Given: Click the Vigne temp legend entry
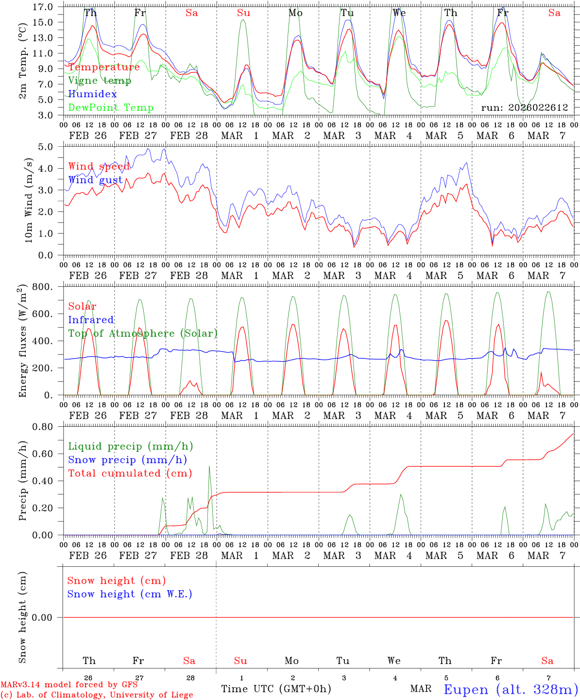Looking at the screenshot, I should pyautogui.click(x=100, y=81).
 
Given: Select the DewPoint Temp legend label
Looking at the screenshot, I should pyautogui.click(x=111, y=108).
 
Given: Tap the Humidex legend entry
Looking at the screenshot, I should pyautogui.click(x=92, y=94).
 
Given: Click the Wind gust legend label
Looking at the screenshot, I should pyautogui.click(x=95, y=180).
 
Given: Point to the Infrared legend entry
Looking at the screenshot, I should pyautogui.click(x=91, y=320).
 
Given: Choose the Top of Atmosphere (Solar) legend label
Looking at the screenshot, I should pyautogui.click(x=142, y=333).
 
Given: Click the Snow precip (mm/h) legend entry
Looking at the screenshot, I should pyautogui.click(x=127, y=460).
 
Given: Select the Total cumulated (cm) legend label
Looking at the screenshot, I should pyautogui.click(x=130, y=473).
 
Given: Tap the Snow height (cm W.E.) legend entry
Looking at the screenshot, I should pyautogui.click(x=130, y=594).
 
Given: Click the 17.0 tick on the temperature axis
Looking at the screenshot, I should pyautogui.click(x=42, y=7).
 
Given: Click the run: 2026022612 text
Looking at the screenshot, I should pyautogui.click(x=524, y=108).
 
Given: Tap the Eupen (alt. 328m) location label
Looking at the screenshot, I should pyautogui.click(x=511, y=689).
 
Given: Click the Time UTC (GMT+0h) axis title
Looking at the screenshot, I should pyautogui.click(x=276, y=689).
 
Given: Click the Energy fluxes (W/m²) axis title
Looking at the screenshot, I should pyautogui.click(x=22, y=342).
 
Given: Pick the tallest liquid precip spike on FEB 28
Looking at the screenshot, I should pyautogui.click(x=209, y=467).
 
